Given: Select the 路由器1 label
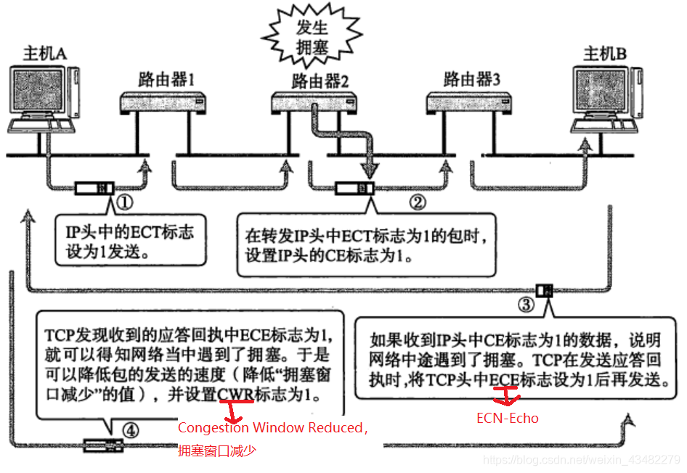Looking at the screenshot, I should pyautogui.click(x=166, y=78).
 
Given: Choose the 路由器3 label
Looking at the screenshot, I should pyautogui.click(x=472, y=78).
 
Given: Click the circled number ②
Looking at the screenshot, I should pyautogui.click(x=416, y=202).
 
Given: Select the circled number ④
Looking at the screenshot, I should pyautogui.click(x=130, y=429).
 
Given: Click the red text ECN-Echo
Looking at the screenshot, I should pyautogui.click(x=508, y=418).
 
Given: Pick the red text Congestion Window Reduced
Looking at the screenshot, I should pyautogui.click(x=271, y=428).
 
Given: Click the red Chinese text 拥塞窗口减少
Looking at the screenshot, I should pyautogui.click(x=217, y=451).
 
